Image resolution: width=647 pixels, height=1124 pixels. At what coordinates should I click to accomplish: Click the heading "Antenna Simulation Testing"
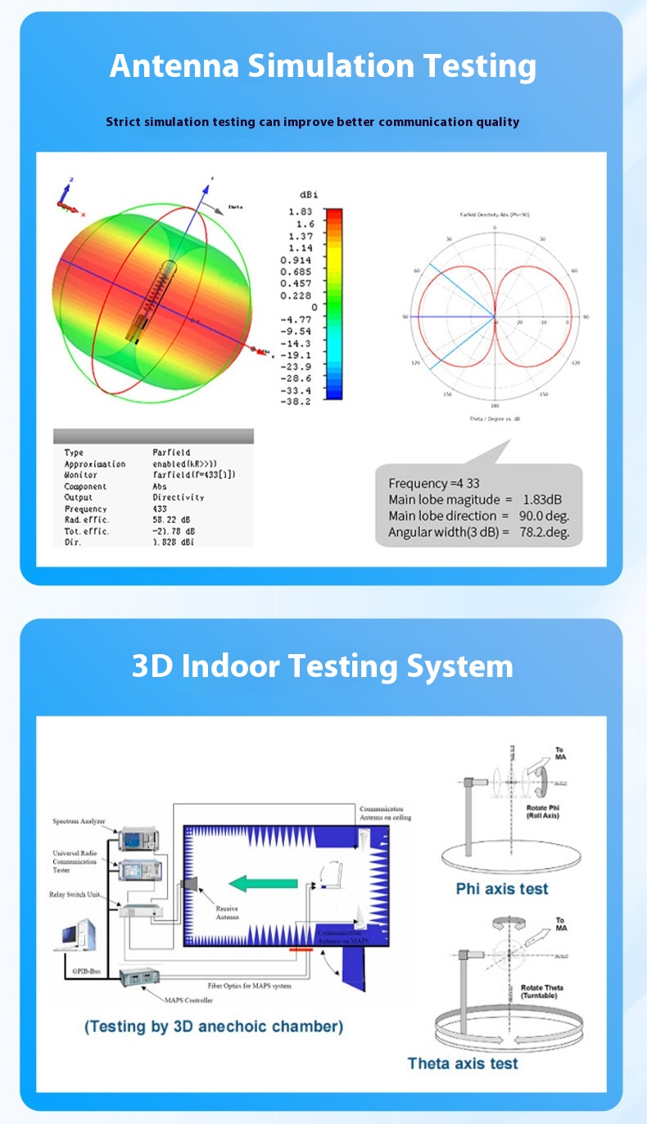[x=323, y=65]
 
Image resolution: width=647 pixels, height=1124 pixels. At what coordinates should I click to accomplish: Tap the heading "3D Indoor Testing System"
[x=323, y=666]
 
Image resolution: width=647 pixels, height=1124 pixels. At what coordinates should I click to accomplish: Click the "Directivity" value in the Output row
[x=178, y=498]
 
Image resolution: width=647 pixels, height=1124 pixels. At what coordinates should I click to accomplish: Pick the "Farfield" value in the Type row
[x=171, y=453]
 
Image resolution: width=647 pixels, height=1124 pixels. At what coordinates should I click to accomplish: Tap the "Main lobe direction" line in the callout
[x=478, y=516]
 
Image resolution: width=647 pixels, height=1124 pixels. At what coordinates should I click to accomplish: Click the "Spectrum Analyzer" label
[x=79, y=821]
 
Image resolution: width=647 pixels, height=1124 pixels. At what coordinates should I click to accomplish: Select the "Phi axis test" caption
[x=501, y=889]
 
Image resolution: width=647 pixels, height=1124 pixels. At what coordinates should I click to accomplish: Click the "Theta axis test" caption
[x=463, y=1063]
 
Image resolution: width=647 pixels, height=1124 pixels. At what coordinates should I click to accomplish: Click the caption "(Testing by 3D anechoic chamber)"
[x=214, y=1026]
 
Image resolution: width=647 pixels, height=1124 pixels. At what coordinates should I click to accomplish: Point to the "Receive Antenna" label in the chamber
[x=227, y=912]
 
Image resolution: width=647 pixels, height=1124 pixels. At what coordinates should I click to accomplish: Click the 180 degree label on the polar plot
[x=495, y=406]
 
